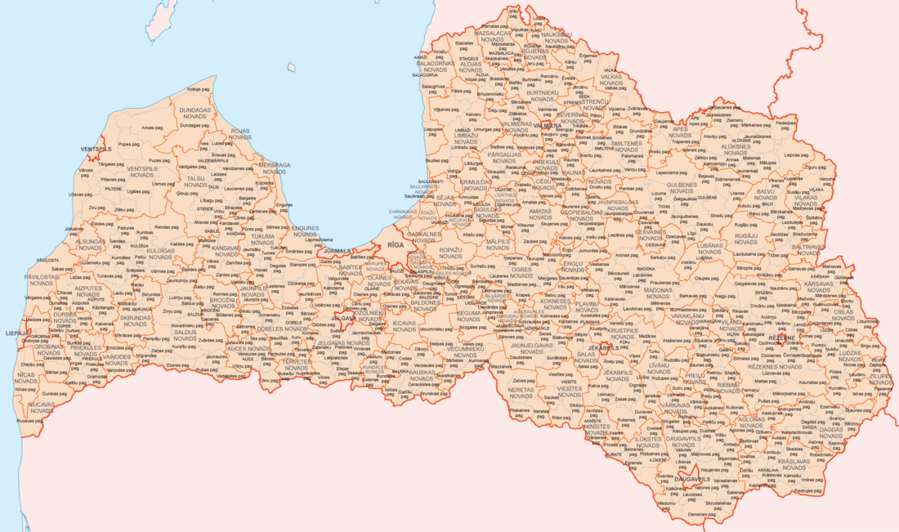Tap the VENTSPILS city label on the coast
click(96, 150)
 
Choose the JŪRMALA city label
click(338, 251)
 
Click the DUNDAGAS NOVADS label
click(195, 113)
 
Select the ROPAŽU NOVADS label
click(450, 253)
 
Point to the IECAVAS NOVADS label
click(403, 326)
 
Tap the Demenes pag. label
click(701, 514)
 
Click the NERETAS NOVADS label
click(521, 392)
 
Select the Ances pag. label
click(152, 127)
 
